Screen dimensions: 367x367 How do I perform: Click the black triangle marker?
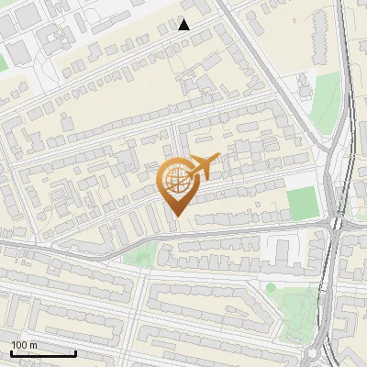pos(184,25)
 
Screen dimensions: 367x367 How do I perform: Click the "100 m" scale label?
pos(25,345)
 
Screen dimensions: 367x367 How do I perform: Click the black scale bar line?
pos(43,353)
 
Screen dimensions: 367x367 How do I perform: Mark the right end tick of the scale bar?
pos(75,351)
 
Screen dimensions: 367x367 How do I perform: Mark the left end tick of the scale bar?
pos(11,351)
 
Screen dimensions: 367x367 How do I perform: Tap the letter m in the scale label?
pos(33,345)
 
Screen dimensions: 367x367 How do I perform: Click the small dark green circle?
pos(271,287)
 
